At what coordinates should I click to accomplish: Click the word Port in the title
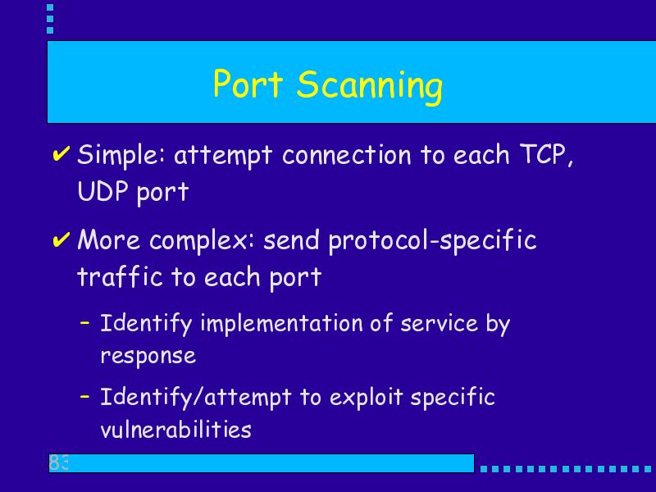coord(248,84)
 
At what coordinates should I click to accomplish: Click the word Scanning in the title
coord(370,86)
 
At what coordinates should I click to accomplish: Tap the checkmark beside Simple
coord(61,154)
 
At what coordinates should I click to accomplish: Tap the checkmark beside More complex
coord(61,240)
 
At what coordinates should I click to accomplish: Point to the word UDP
coord(102,191)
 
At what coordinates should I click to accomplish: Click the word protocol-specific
coord(433,241)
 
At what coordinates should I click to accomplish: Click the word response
coord(148,357)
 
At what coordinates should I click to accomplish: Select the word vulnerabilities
coord(175,428)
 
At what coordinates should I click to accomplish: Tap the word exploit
coord(366,397)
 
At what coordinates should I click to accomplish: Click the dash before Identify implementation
coord(85,322)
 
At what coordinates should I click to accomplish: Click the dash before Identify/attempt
coord(85,396)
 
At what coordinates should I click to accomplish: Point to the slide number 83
coord(58,462)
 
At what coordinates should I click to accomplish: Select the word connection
coord(347,155)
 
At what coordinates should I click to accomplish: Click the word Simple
coord(121,156)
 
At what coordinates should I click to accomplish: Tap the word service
coord(439,324)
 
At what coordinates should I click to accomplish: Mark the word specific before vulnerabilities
coord(453,398)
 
